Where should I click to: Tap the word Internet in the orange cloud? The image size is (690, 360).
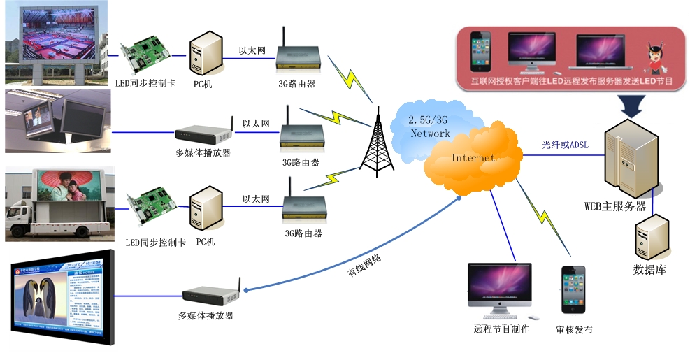point(473,158)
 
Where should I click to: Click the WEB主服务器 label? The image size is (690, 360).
point(615,206)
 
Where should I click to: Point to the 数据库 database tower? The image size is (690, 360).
point(649,238)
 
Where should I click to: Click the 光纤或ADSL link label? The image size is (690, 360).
point(565,145)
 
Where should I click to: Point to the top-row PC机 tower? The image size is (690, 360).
point(206,55)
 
